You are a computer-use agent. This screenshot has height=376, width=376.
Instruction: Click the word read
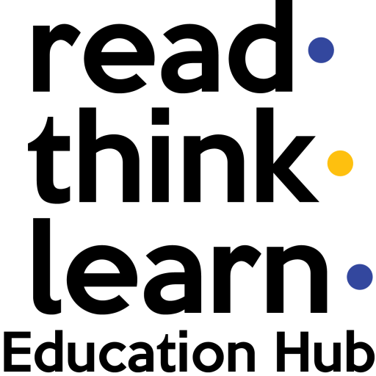click(162, 46)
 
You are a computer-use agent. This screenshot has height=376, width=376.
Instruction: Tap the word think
click(173, 155)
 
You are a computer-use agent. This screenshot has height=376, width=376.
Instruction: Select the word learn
click(180, 267)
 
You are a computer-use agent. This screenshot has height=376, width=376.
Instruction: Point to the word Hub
click(326, 351)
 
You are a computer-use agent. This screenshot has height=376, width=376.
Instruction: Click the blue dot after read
click(321, 50)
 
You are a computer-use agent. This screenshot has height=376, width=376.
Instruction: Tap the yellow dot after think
click(340, 163)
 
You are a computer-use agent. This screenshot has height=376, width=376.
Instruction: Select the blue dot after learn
click(360, 277)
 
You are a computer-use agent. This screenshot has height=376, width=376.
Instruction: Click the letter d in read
click(261, 46)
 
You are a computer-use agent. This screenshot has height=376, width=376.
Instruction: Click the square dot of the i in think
click(160, 116)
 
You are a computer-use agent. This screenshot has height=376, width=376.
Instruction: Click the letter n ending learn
click(297, 279)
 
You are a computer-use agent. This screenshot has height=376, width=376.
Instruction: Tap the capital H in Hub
click(292, 352)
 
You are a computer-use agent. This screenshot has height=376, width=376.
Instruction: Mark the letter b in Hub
click(361, 351)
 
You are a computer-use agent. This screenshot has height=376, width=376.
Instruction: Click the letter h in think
click(109, 155)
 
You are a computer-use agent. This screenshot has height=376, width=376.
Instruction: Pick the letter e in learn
click(102, 280)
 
